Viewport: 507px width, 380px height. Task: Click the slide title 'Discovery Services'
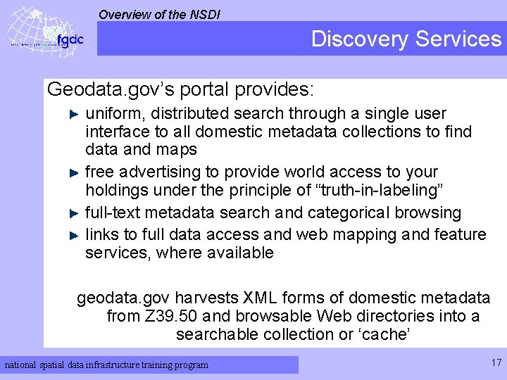coord(406,39)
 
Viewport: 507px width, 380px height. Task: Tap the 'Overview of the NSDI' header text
coord(159,13)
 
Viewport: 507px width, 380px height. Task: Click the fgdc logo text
coord(70,39)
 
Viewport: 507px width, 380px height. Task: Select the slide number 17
coord(496,363)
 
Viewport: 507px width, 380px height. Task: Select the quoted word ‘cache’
coord(384,334)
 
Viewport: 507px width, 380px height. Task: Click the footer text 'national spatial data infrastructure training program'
coord(107,365)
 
